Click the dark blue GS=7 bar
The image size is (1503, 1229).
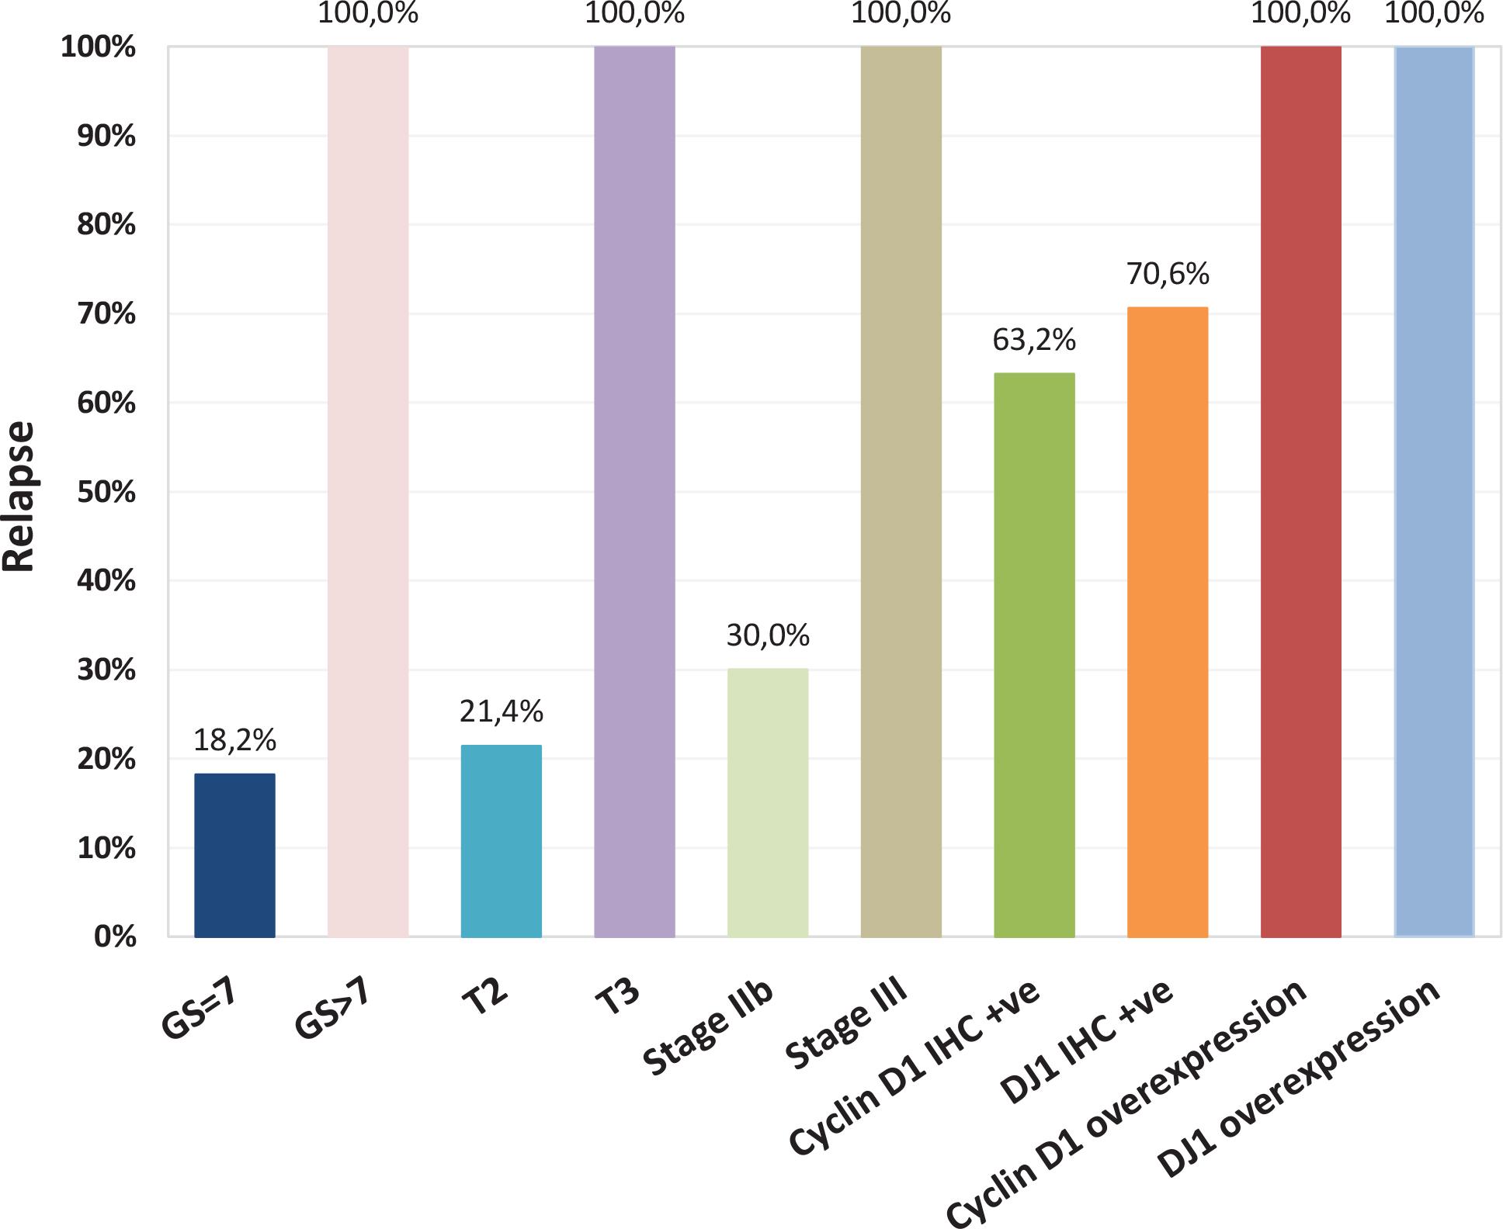234,855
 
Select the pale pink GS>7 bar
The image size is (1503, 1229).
368,492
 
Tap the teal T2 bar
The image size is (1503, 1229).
502,841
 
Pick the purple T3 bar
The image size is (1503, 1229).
634,492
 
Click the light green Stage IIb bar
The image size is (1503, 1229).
768,802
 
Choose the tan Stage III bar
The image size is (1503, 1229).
901,492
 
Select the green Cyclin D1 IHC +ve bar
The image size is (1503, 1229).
1034,655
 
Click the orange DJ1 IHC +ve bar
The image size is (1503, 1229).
1168,622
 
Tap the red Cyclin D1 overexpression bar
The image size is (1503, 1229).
1301,492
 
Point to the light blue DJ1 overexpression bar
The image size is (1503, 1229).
1434,492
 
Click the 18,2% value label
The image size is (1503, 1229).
234,740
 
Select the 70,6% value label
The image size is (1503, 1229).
1168,274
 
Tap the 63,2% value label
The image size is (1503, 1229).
1034,340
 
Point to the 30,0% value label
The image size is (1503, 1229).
768,635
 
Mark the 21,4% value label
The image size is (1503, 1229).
502,711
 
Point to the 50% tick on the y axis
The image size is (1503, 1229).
106,492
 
